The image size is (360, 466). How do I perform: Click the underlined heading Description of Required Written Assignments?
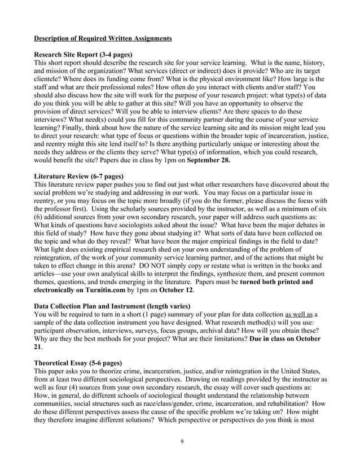(103, 38)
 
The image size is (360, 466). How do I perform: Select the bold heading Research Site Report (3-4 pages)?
(83, 55)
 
